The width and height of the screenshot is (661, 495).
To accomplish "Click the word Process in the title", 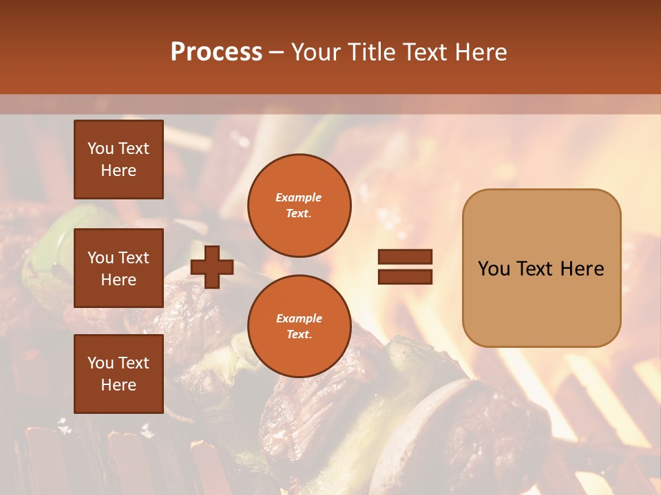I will [216, 52].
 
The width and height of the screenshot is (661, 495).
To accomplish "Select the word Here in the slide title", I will [480, 52].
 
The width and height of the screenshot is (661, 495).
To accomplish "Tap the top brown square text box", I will [118, 159].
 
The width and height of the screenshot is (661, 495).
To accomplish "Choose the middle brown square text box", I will [118, 268].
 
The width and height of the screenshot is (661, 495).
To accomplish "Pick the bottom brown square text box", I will [118, 373].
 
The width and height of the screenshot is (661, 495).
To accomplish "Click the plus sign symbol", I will [212, 267].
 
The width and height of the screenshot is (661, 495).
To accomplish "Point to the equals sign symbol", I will [405, 267].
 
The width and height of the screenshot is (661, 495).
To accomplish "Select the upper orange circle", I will [299, 206].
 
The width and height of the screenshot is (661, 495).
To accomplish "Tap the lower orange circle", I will [299, 327].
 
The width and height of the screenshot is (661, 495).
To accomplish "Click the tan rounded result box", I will [541, 268].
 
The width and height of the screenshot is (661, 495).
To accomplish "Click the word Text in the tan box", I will [538, 269].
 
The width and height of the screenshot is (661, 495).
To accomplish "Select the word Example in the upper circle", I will [299, 197].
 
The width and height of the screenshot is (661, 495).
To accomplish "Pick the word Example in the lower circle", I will [299, 318].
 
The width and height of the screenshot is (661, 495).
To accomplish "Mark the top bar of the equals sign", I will [405, 256].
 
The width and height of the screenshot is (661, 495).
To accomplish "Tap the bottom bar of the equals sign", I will [405, 277].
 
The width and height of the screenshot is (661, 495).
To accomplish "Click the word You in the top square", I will [101, 148].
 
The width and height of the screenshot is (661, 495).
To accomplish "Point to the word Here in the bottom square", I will [118, 385].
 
